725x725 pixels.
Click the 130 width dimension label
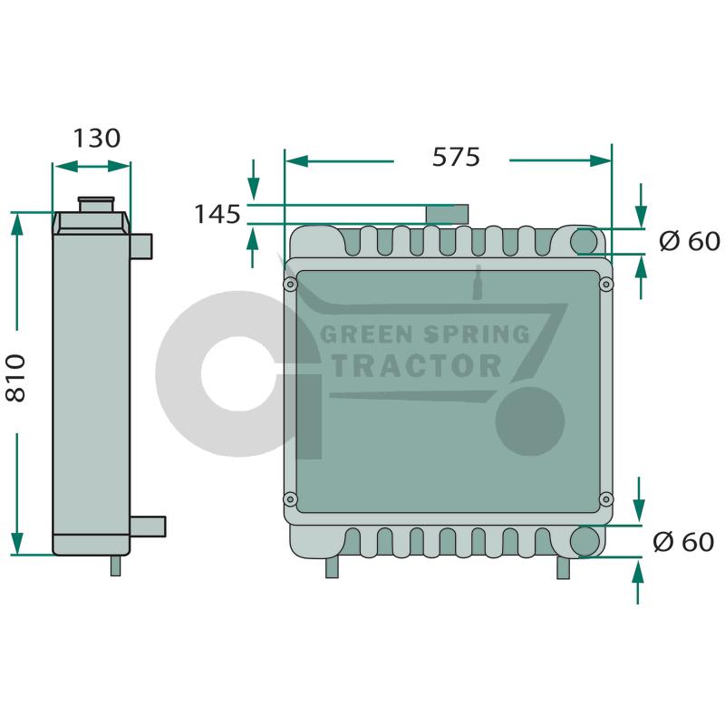tap(97, 139)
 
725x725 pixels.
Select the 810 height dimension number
tap(15, 378)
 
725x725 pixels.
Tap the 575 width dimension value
tap(456, 157)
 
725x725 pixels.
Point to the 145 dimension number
tap(217, 215)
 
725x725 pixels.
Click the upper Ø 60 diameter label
tap(689, 241)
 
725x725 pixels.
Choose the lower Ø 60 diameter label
tap(683, 542)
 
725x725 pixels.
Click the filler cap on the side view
tap(96, 205)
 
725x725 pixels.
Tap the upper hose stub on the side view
tap(141, 246)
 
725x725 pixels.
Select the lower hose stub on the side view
tap(148, 527)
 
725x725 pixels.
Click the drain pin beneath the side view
tap(116, 565)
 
